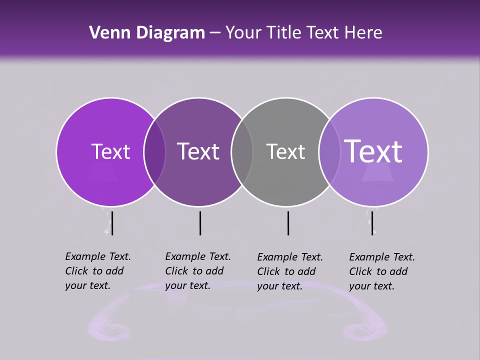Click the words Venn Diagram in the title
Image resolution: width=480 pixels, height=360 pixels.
pyautogui.click(x=147, y=33)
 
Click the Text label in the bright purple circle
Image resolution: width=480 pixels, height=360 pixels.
pyautogui.click(x=110, y=151)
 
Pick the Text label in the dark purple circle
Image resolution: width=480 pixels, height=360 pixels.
pyautogui.click(x=198, y=151)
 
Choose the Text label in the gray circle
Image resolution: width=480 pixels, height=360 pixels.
pyautogui.click(x=285, y=151)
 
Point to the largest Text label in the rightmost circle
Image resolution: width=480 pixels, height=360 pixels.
pyautogui.click(x=373, y=151)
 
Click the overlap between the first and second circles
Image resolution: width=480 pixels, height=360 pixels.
pyautogui.click(x=154, y=151)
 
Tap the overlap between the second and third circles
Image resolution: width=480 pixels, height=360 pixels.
pyautogui.click(x=242, y=151)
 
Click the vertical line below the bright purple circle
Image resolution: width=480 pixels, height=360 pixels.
pyautogui.click(x=112, y=223)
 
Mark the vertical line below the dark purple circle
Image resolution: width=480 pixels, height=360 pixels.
pyautogui.click(x=200, y=223)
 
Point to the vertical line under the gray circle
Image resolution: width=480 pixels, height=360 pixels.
pyautogui.click(x=288, y=223)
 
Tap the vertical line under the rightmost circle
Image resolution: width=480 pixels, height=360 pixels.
pyautogui.click(x=372, y=223)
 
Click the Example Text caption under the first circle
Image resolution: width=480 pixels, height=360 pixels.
pyautogui.click(x=98, y=271)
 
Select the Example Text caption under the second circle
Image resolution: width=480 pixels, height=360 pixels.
pyautogui.click(x=198, y=271)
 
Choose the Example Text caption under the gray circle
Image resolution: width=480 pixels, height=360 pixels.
pyautogui.click(x=290, y=271)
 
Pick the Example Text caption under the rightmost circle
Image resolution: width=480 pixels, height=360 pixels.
pyautogui.click(x=382, y=271)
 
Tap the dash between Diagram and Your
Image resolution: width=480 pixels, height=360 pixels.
pyautogui.click(x=215, y=33)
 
